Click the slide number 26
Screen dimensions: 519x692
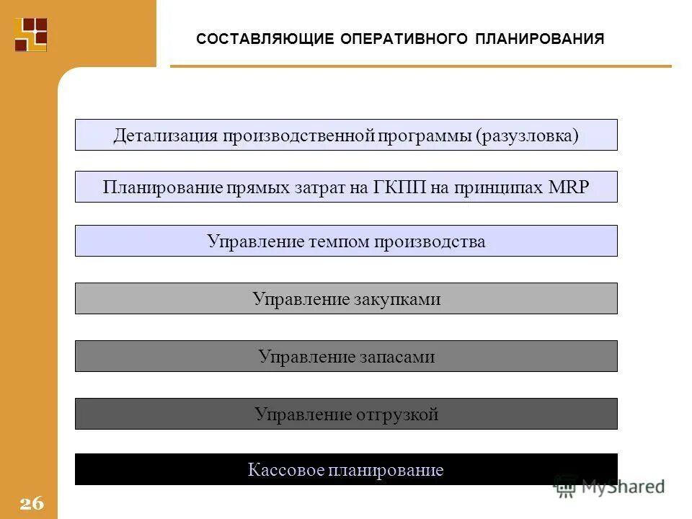32,503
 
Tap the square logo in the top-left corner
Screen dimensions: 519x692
31,34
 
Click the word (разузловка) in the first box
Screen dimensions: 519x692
527,136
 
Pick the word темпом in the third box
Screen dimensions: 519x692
338,241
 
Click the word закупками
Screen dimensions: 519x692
396,299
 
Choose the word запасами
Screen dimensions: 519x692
396,357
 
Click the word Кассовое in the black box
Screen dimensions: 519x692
285,471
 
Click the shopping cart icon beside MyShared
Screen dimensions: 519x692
565,487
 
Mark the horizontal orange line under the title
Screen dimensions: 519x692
420,66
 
